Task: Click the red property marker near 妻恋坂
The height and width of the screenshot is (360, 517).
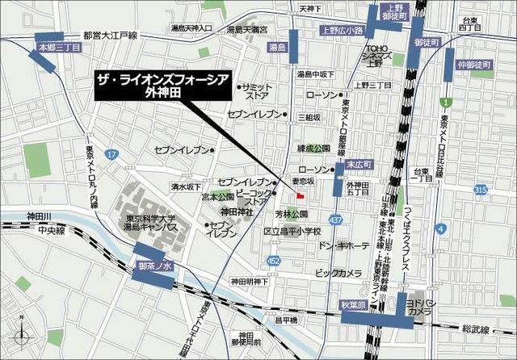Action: pyautogui.click(x=301, y=195)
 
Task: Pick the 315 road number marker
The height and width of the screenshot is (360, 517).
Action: pyautogui.click(x=481, y=189)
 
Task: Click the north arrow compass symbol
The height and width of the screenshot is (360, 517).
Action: pyautogui.click(x=23, y=334)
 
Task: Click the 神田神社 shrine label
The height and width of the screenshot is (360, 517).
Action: pyautogui.click(x=237, y=211)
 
